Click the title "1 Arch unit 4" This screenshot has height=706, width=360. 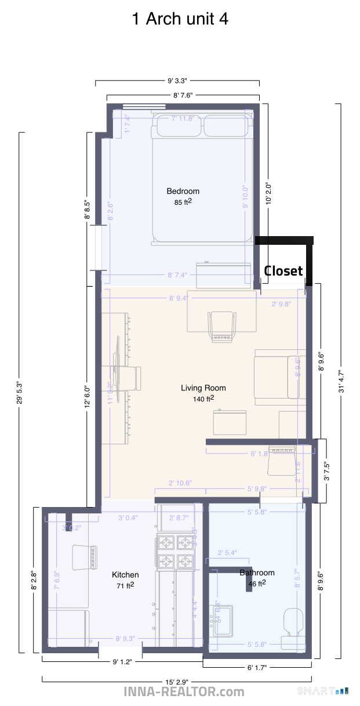[x=180, y=19]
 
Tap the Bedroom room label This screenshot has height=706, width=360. [x=183, y=191]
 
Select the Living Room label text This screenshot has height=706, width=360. [x=203, y=388]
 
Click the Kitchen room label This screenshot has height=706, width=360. [x=125, y=575]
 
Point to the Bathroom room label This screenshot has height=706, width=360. [x=257, y=573]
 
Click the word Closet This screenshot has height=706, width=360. [x=283, y=271]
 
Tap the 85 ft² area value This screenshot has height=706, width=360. [x=183, y=202]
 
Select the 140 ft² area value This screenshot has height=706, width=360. [x=203, y=399]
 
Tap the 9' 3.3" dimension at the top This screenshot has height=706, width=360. [x=177, y=82]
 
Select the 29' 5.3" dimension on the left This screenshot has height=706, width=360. [x=21, y=392]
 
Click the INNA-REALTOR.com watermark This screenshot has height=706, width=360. [x=184, y=692]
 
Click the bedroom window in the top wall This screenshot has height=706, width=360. [x=144, y=106]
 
